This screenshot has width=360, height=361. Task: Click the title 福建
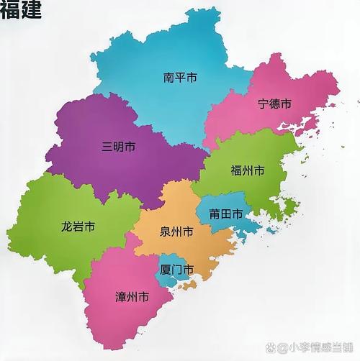pyautogui.click(x=21, y=11)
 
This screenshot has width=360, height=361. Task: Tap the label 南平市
pyautogui.click(x=180, y=76)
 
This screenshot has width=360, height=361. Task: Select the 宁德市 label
pyautogui.click(x=274, y=104)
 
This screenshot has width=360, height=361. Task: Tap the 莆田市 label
pyautogui.click(x=225, y=214)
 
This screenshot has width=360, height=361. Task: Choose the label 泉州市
pyautogui.click(x=176, y=232)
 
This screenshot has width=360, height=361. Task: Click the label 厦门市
pyautogui.click(x=176, y=270)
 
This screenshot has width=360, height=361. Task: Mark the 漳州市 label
pyautogui.click(x=132, y=296)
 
